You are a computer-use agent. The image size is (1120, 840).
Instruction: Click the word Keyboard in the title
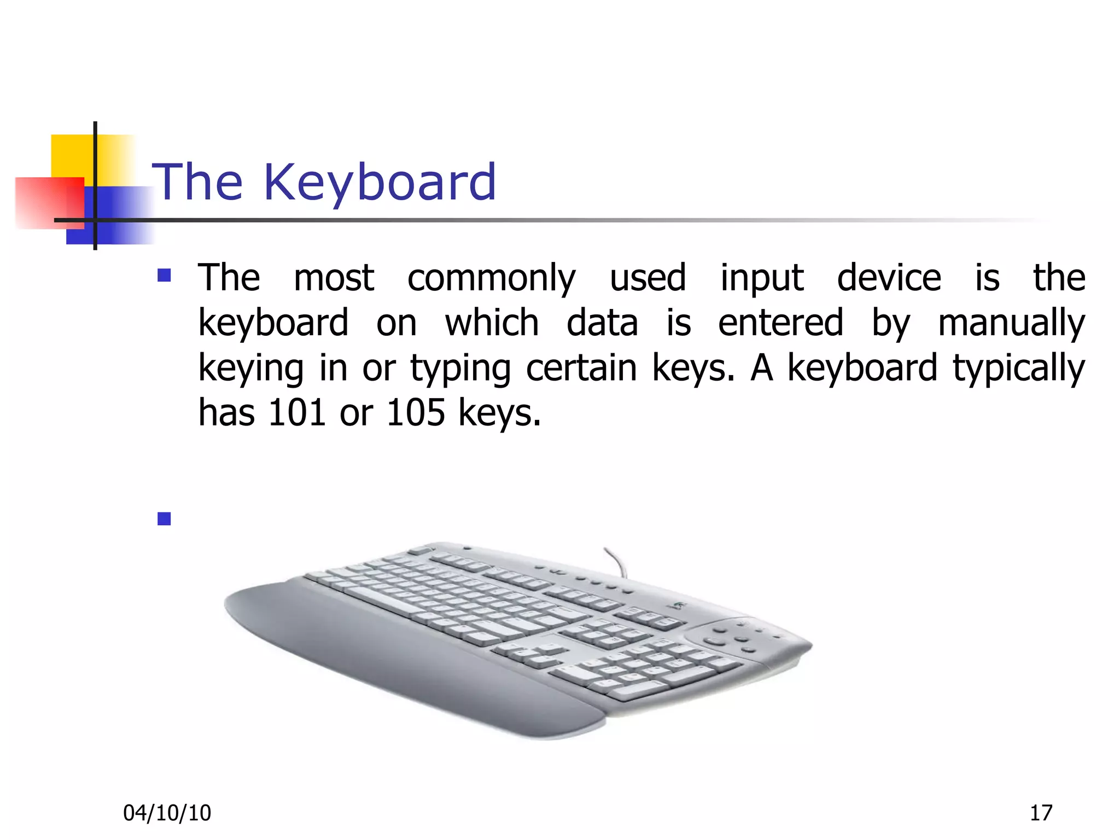coord(380,183)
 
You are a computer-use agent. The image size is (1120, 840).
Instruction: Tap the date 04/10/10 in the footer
coord(167,813)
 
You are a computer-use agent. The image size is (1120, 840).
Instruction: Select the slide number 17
coord(1041,813)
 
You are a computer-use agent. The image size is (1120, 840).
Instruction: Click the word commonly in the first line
coord(491,278)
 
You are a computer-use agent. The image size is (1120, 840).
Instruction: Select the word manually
coord(1011,323)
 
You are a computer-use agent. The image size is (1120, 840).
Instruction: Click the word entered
coord(780,323)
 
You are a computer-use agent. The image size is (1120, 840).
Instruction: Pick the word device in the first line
coord(889,278)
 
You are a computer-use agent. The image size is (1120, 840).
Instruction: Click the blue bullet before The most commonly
coord(164,275)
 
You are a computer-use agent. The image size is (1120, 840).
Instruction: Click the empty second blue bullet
coord(164,518)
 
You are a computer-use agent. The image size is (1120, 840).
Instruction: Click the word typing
coord(460,367)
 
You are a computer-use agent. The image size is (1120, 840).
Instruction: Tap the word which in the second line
coord(492,323)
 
